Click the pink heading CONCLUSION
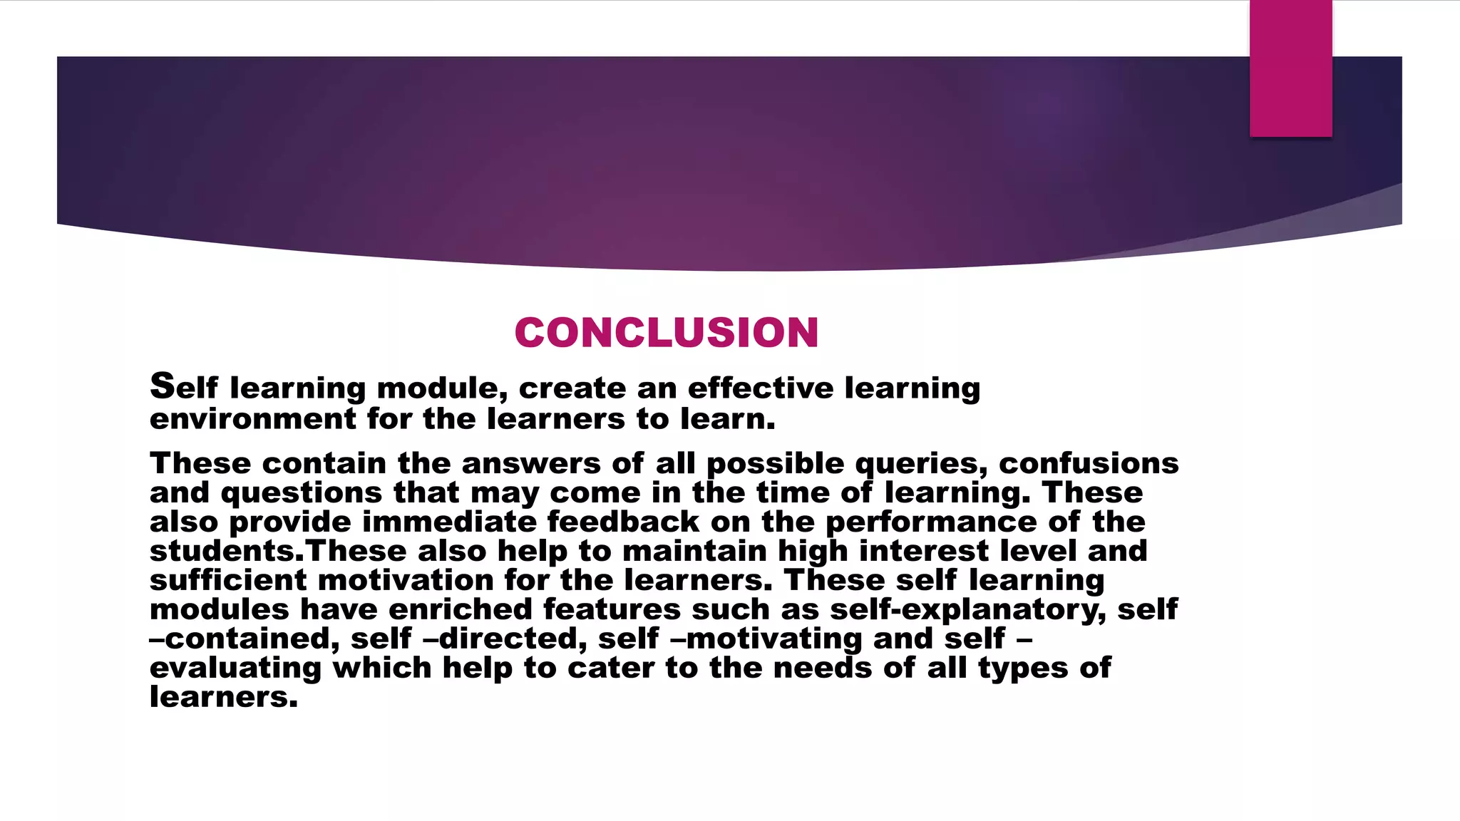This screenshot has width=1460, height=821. pos(667,333)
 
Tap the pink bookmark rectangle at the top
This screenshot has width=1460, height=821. pos(1290,68)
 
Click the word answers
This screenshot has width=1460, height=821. pos(531,464)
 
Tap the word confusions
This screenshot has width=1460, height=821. pos(1089,464)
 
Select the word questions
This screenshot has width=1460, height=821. pos(302,493)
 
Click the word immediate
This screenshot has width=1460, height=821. pos(449,522)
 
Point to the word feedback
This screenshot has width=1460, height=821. pos(623,522)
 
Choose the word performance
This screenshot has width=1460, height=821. pos(931,522)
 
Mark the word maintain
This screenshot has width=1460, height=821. pos(694,552)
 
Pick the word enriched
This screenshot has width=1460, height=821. pos(461,610)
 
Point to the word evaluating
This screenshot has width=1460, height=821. pos(235,668)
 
